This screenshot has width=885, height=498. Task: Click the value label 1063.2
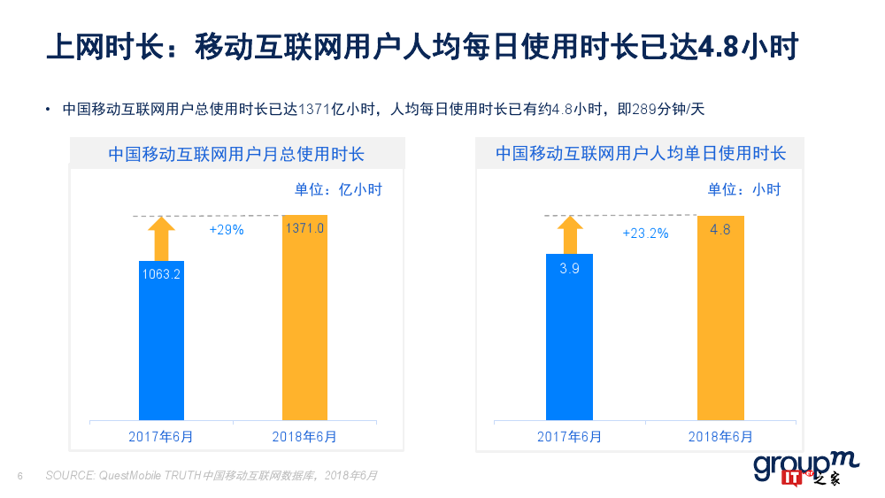pyautogui.click(x=161, y=274)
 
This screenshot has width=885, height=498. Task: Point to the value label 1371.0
pyautogui.click(x=304, y=228)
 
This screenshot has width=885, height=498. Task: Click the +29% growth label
pyautogui.click(x=226, y=229)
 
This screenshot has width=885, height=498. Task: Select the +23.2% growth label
pyautogui.click(x=645, y=234)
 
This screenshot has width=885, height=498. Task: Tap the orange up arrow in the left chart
pyautogui.click(x=161, y=238)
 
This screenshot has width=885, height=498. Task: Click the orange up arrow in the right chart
pyautogui.click(x=569, y=234)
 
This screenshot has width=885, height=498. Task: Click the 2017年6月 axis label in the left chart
pyautogui.click(x=161, y=436)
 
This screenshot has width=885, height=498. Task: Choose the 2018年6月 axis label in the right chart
pyautogui.click(x=720, y=436)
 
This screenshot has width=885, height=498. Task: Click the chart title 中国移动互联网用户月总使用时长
pyautogui.click(x=236, y=154)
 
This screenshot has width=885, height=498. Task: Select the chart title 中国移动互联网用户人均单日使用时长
pyautogui.click(x=641, y=154)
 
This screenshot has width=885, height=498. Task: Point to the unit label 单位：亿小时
pyautogui.click(x=338, y=189)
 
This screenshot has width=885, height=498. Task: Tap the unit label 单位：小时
pyautogui.click(x=744, y=189)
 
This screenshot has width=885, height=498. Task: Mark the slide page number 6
pyautogui.click(x=19, y=476)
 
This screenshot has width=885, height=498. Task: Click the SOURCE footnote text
pyautogui.click(x=212, y=476)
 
